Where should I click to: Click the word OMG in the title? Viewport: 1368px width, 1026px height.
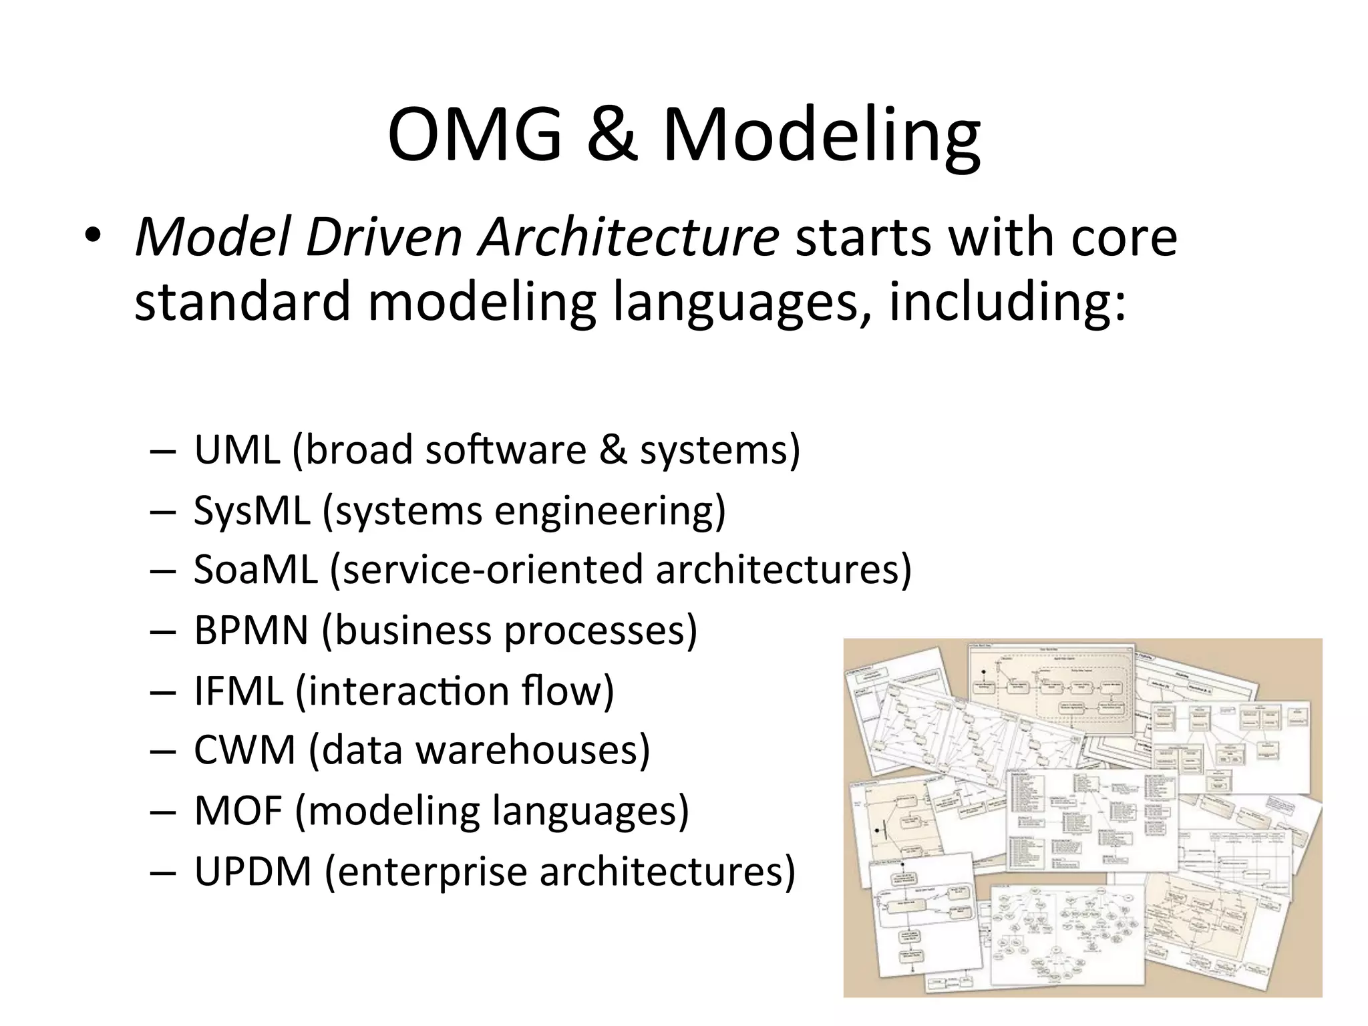pos(475,135)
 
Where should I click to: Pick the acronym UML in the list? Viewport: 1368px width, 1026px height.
pos(237,450)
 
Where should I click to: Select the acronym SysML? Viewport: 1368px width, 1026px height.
pos(252,510)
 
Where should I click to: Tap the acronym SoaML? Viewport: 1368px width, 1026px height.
pos(256,570)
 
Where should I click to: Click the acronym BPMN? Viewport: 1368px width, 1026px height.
pos(251,630)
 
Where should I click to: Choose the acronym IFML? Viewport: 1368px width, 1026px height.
pos(238,691)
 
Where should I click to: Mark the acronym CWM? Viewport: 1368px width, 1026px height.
pos(244,750)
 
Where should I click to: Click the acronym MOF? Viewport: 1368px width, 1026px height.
pos(238,811)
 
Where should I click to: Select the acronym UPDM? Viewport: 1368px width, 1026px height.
pos(253,871)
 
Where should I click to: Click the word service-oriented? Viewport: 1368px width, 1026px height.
pos(491,570)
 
